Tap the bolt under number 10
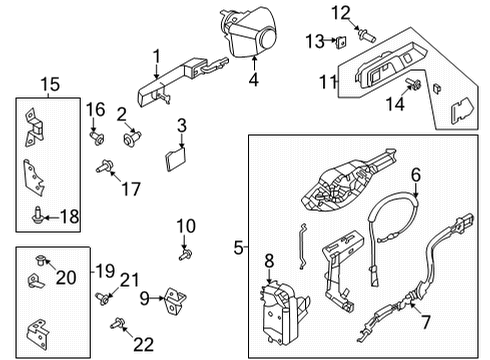(x=185, y=256)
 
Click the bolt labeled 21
(x=104, y=297)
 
